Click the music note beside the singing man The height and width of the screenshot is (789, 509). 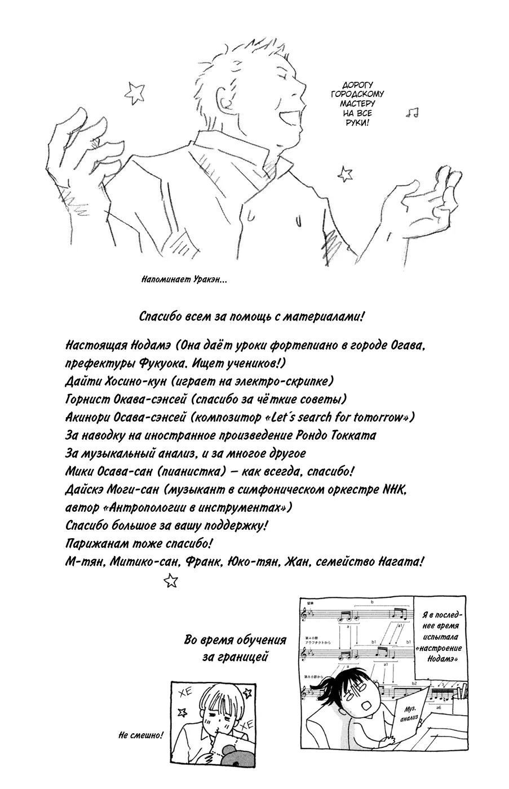[413, 112]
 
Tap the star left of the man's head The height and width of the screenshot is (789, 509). [135, 88]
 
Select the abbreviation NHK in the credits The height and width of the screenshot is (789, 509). [396, 489]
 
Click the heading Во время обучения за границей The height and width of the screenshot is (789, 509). [235, 649]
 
